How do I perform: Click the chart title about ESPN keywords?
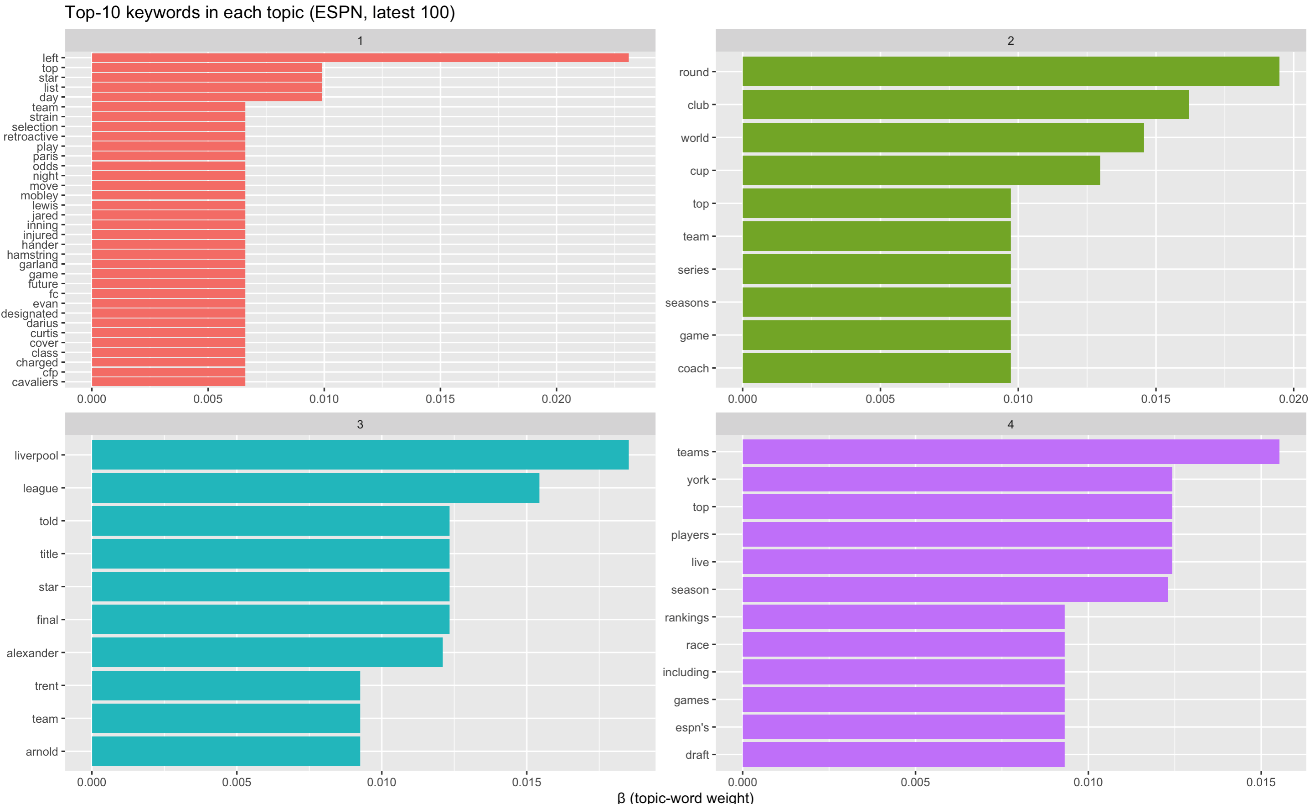coord(259,12)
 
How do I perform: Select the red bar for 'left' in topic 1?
coord(360,57)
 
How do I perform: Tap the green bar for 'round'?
coord(1010,72)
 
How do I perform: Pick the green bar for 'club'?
coord(965,105)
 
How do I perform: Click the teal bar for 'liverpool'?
coord(360,455)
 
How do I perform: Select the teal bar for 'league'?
coord(315,488)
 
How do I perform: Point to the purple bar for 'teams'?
coord(1010,452)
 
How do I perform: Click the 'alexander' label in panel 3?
coord(32,653)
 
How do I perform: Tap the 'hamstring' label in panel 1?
coord(32,255)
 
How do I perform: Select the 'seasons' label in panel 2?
coord(687,303)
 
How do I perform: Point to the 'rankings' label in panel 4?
coord(686,617)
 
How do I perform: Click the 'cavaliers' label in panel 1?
coord(35,382)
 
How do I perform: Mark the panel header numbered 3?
coord(360,424)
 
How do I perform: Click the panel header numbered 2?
coord(1010,41)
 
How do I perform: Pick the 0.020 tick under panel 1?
coord(556,398)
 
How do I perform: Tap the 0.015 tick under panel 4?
coord(1261,782)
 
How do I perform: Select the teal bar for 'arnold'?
coord(226,751)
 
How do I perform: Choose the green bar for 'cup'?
coord(921,170)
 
